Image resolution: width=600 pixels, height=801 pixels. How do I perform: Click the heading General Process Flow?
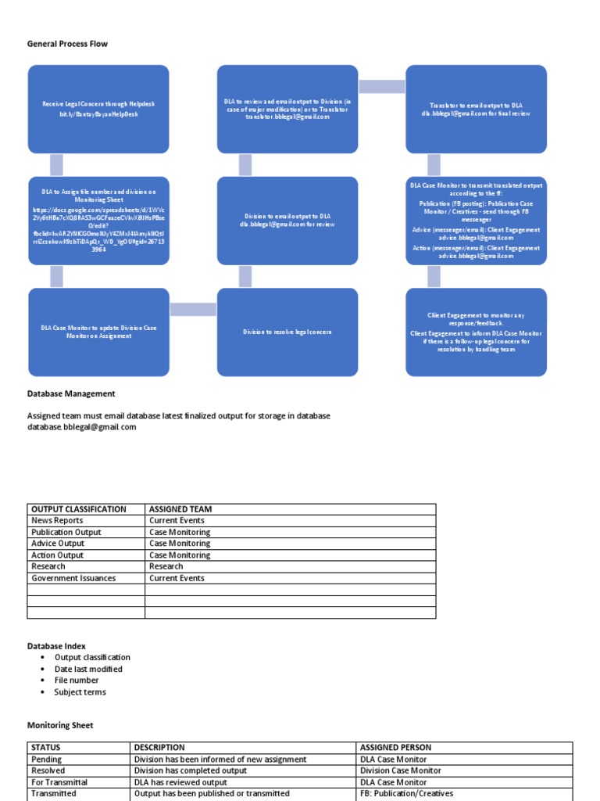[67, 44]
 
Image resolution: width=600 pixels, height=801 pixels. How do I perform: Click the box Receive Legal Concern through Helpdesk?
[98, 109]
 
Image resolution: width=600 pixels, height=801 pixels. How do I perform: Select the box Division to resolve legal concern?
[287, 332]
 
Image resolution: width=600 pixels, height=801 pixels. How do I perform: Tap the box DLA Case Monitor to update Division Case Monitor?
[98, 332]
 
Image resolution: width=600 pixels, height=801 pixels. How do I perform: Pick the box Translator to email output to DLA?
[476, 109]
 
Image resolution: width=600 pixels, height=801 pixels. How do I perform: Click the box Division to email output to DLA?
[287, 220]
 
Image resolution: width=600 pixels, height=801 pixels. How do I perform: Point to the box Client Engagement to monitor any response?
[476, 332]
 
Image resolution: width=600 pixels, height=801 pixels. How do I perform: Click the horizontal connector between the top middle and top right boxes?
[381, 85]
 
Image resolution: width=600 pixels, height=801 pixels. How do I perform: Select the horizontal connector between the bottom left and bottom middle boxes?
[193, 310]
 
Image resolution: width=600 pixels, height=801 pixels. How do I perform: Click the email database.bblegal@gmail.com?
[81, 427]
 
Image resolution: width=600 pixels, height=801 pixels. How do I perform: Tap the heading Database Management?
[71, 393]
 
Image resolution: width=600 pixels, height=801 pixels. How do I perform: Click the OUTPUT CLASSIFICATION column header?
[78, 509]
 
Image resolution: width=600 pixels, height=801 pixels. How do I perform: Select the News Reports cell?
[57, 520]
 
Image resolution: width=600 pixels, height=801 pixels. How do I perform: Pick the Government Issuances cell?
[73, 578]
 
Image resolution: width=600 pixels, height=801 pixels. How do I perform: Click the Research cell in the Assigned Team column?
[166, 566]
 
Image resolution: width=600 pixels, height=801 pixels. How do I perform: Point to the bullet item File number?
[77, 681]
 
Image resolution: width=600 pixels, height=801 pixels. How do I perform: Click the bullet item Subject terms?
[80, 692]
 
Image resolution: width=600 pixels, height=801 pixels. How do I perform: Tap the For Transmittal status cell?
[59, 782]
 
